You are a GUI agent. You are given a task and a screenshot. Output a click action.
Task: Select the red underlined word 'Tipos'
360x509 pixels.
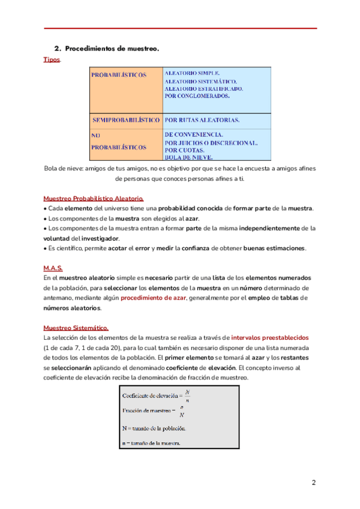pos(52,60)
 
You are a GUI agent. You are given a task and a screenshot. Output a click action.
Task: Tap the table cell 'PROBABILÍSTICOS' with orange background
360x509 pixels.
pos(119,75)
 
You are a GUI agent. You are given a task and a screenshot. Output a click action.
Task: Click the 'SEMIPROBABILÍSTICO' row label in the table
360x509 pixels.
pos(126,120)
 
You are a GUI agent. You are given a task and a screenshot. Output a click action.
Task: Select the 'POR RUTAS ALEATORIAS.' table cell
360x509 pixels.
pos(202,120)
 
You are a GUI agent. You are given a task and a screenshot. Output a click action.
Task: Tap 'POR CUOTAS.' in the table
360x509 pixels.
pos(184,150)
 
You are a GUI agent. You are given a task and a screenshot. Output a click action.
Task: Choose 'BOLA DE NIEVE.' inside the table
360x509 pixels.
pos(188,157)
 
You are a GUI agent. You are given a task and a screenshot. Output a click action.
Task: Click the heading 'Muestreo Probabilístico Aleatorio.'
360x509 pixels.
pos(94,198)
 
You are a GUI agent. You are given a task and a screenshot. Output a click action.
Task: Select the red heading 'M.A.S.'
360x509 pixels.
pos(53,268)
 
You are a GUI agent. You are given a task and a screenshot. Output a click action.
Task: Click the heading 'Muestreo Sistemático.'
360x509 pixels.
pos(76,328)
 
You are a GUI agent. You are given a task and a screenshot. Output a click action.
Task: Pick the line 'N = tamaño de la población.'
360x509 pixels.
pos(155,429)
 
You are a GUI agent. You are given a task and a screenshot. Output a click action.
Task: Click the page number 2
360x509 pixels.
pos(313,483)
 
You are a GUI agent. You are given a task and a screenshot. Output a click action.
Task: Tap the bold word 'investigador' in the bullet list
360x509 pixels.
pos(100,238)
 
